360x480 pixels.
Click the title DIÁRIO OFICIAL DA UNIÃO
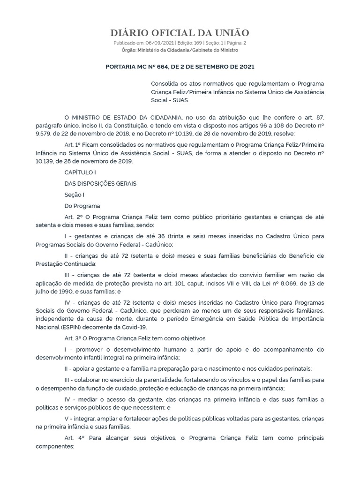click(x=180, y=33)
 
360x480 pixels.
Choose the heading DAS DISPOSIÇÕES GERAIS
click(x=100, y=183)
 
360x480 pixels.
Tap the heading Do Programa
click(x=82, y=206)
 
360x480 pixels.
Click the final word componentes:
click(x=55, y=447)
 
